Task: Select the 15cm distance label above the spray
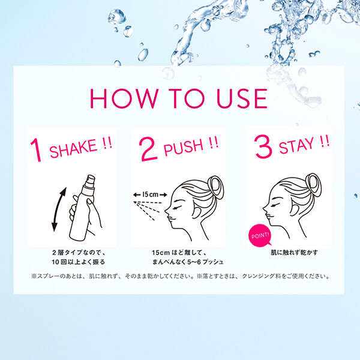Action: tap(146, 194)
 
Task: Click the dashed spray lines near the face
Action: tap(152, 211)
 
